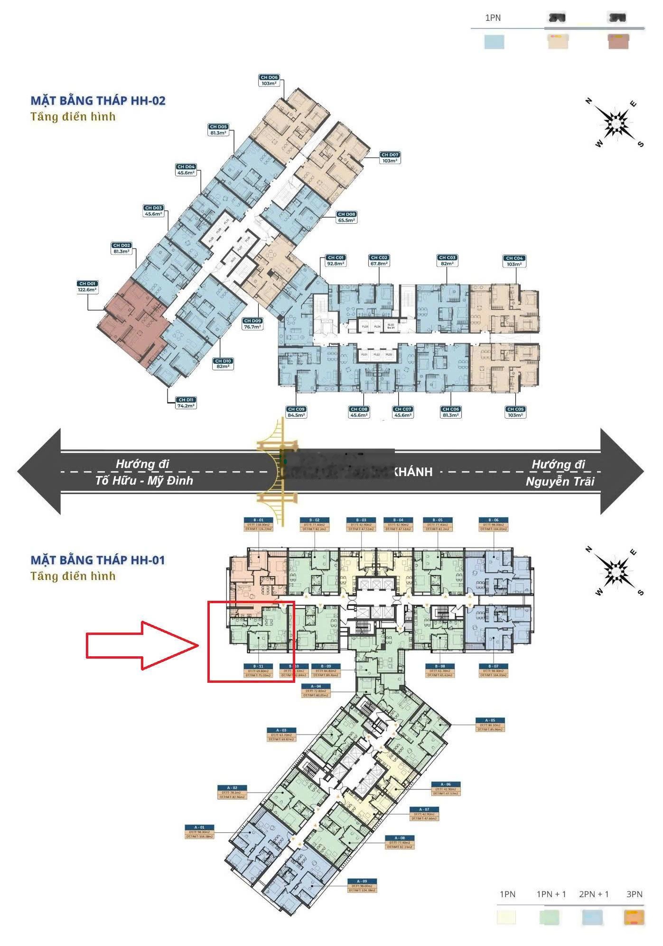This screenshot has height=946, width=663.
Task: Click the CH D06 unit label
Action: click(x=269, y=80)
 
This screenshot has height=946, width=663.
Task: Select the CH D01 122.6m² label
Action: click(x=87, y=287)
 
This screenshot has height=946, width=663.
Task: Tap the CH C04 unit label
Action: click(x=514, y=261)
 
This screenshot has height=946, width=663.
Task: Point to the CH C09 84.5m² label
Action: click(x=296, y=412)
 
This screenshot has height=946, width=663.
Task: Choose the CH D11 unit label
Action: click(x=186, y=403)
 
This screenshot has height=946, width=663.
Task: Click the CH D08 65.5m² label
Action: click(x=347, y=217)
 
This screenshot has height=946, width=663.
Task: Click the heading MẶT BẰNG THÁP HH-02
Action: click(x=98, y=101)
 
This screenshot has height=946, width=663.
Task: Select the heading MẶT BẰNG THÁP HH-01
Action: click(x=98, y=560)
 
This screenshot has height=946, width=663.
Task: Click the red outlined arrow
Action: click(x=142, y=645)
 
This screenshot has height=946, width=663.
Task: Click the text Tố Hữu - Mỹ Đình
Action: click(x=144, y=480)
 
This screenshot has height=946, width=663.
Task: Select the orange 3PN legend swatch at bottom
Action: click(x=634, y=917)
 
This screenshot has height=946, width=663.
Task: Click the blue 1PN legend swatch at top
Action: click(x=494, y=42)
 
